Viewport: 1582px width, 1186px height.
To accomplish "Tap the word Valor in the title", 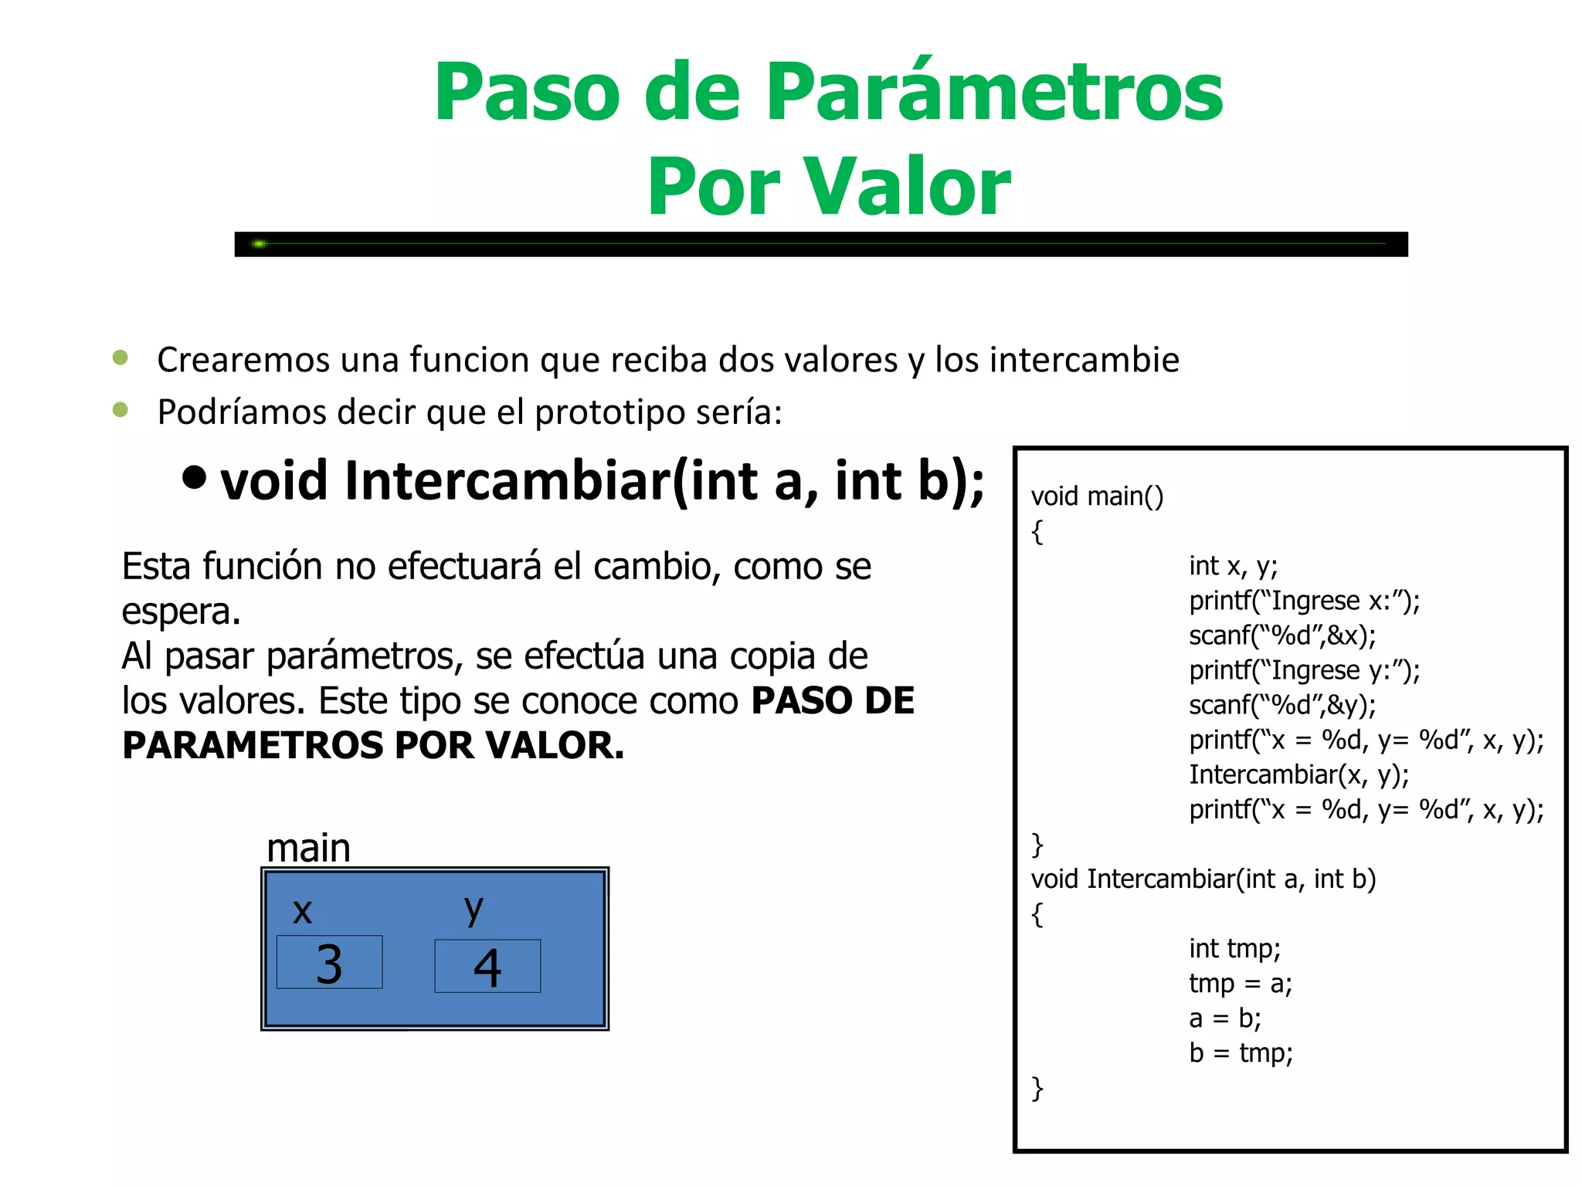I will click(908, 187).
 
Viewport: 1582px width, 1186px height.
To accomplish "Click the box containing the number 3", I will click(329, 962).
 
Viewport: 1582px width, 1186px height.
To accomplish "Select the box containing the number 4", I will click(487, 966).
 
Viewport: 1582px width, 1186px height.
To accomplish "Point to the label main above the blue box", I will click(308, 848).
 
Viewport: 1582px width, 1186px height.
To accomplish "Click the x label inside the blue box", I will click(302, 911).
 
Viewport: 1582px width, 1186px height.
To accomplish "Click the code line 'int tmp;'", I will click(1234, 948).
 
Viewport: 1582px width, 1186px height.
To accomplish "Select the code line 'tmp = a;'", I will click(1240, 984).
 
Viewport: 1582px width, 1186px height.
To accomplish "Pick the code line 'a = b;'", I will click(1224, 1018).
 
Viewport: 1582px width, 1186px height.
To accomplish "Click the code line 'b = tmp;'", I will click(1241, 1053).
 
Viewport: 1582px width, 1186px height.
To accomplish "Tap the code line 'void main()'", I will click(1097, 496).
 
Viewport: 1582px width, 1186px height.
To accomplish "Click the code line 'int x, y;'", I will click(1233, 566).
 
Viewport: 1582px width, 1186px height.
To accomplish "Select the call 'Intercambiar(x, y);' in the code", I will click(1299, 774).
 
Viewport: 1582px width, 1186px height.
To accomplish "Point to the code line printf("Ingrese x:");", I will click(1304, 601).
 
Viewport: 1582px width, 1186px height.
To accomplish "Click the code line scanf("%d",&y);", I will click(1282, 705).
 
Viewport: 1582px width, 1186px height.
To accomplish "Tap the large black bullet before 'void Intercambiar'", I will click(195, 478).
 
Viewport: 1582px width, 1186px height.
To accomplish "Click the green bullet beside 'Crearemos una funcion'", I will click(121, 357).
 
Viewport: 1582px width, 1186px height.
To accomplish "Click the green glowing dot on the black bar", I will click(260, 244).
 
